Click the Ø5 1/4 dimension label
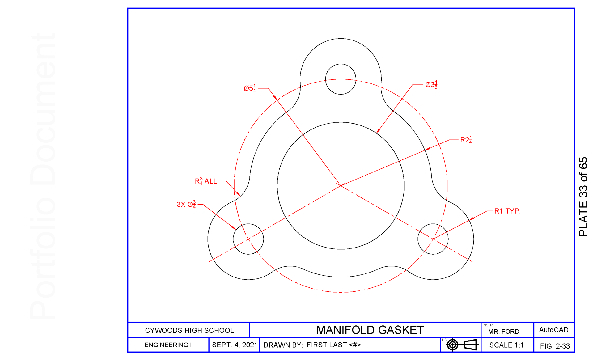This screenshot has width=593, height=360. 250,88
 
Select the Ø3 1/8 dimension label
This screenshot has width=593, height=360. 431,85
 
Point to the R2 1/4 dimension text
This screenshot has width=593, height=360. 466,140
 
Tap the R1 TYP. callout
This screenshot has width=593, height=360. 507,211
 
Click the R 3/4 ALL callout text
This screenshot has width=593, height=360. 206,181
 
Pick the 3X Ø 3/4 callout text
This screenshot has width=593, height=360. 186,204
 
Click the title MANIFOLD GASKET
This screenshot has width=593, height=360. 370,330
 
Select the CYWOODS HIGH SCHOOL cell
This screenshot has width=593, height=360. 189,330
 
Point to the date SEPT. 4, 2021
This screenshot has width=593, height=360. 235,345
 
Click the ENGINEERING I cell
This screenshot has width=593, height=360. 168,345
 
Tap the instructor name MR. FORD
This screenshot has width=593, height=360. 504,332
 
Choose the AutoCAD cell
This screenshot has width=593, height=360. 554,330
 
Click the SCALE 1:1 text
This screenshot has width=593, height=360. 506,345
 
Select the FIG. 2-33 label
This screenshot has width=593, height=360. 555,346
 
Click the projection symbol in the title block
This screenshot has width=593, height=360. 462,345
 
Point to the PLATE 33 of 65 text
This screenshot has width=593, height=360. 583,197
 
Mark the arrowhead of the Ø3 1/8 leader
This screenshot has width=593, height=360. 378,132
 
